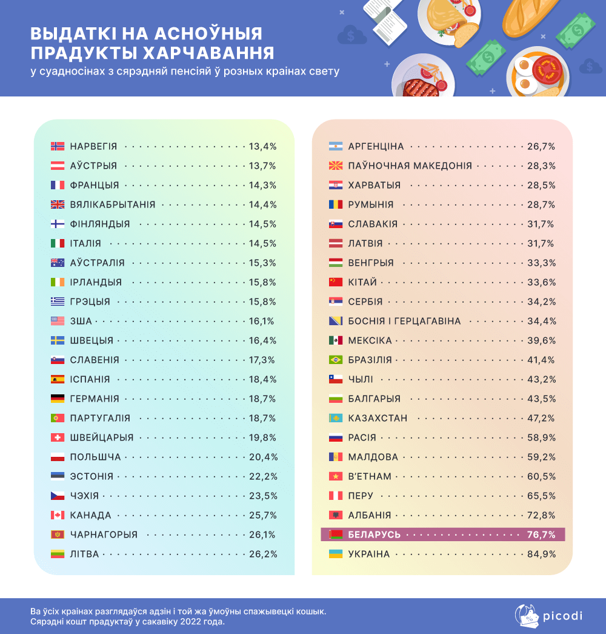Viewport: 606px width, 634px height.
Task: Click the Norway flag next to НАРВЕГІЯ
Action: [x=58, y=146]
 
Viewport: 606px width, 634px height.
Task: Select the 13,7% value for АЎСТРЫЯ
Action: [x=262, y=166]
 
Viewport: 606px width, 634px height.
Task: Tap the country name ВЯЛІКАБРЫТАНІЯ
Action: [x=113, y=204]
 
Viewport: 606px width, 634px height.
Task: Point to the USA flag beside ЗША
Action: [x=58, y=321]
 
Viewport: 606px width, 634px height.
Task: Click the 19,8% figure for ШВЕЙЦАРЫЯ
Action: [x=262, y=437]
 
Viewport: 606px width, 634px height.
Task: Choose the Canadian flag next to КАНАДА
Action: [x=58, y=515]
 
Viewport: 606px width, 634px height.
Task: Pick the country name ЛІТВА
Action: [x=84, y=554]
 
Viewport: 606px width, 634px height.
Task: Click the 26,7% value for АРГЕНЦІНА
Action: [x=541, y=146]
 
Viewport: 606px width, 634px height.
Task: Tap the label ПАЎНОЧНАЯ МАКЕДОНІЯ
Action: [x=410, y=166]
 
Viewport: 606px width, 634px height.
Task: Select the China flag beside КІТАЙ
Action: [x=336, y=282]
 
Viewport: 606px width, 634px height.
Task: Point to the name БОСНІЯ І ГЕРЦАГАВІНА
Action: [x=404, y=321]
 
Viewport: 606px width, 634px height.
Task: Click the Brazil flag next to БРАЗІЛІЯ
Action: [x=336, y=360]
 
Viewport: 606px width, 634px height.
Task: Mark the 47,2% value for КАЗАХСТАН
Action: [x=541, y=418]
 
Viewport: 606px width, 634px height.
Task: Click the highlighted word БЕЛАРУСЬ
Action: [x=375, y=535]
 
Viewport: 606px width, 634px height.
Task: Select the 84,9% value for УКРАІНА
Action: [x=541, y=554]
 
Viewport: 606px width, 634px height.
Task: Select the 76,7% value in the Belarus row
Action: [x=541, y=535]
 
